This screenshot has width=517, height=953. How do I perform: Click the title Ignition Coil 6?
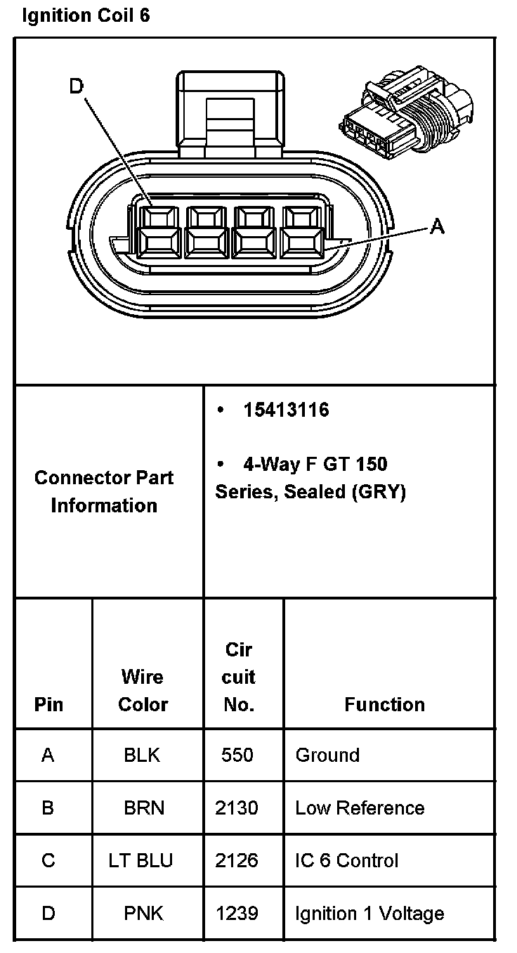point(86,15)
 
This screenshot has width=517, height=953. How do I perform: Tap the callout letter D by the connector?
point(76,86)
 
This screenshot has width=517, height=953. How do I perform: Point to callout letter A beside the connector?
point(437,226)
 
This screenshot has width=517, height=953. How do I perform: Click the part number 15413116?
point(286,410)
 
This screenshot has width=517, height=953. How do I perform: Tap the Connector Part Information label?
point(104,491)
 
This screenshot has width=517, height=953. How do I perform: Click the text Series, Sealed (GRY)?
point(310,492)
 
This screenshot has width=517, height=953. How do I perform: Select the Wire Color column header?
point(143,690)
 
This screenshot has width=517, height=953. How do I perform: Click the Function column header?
point(384,704)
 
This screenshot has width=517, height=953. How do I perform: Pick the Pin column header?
point(48,704)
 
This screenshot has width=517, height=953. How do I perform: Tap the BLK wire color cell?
point(142,755)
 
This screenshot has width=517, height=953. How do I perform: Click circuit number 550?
point(237,755)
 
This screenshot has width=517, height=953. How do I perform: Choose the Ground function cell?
point(327,755)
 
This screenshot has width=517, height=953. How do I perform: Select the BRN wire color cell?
point(144,808)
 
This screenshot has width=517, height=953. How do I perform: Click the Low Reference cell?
point(360,808)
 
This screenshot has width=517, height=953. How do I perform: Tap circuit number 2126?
point(237,860)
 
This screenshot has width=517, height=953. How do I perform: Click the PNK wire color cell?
point(143,913)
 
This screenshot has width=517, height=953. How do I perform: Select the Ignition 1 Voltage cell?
point(369,913)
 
